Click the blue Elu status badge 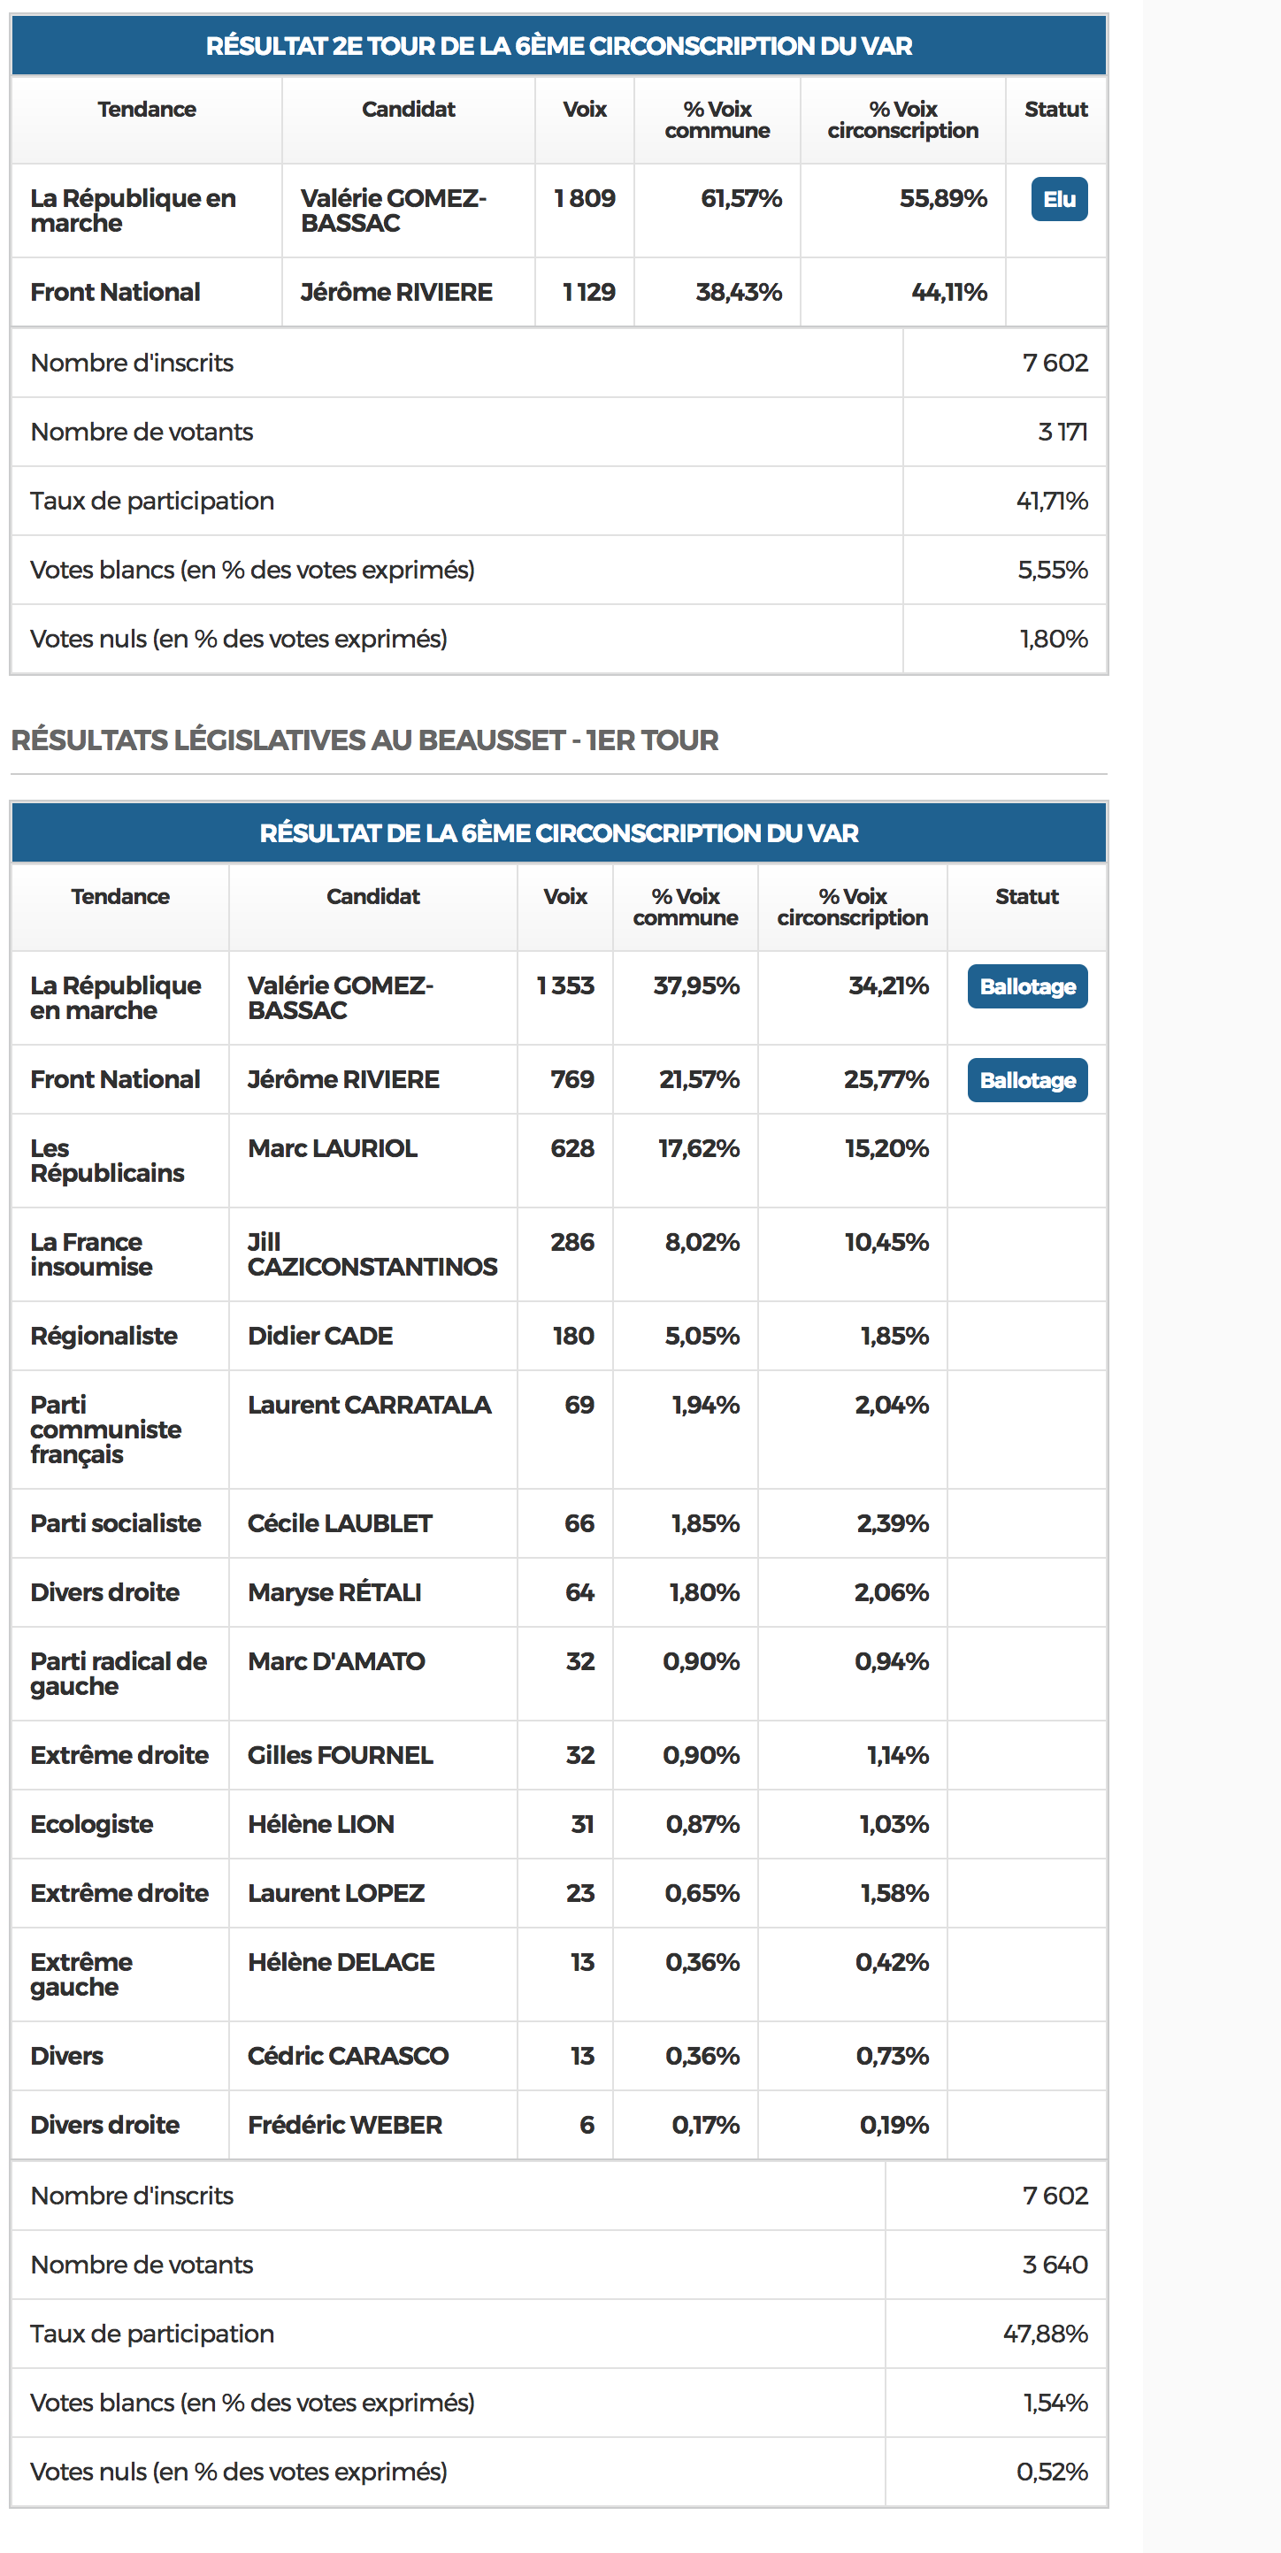(1058, 199)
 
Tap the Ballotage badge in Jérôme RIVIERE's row (1026, 1080)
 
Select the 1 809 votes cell (584, 198)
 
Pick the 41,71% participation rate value (1051, 502)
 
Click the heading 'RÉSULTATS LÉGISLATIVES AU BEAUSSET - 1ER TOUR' (364, 740)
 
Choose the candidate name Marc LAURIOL (332, 1148)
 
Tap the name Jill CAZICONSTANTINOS (372, 1254)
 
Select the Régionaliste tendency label (104, 1336)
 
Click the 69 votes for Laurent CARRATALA (579, 1406)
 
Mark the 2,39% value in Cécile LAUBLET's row (893, 1523)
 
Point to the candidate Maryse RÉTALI (334, 1592)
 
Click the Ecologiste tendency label (91, 1825)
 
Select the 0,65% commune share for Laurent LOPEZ (701, 1894)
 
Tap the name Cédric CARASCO (347, 2057)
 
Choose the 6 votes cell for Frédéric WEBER (587, 2125)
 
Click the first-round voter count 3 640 (1054, 2265)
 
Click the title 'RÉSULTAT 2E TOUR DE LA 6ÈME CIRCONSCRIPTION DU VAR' (558, 47)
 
